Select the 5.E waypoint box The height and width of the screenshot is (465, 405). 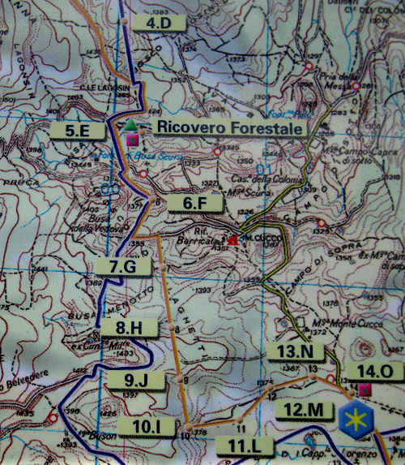[74, 129]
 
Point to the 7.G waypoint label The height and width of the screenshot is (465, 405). [128, 265]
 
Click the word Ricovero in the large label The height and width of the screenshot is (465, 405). [185, 127]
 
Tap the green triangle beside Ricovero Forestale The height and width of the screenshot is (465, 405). [130, 124]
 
